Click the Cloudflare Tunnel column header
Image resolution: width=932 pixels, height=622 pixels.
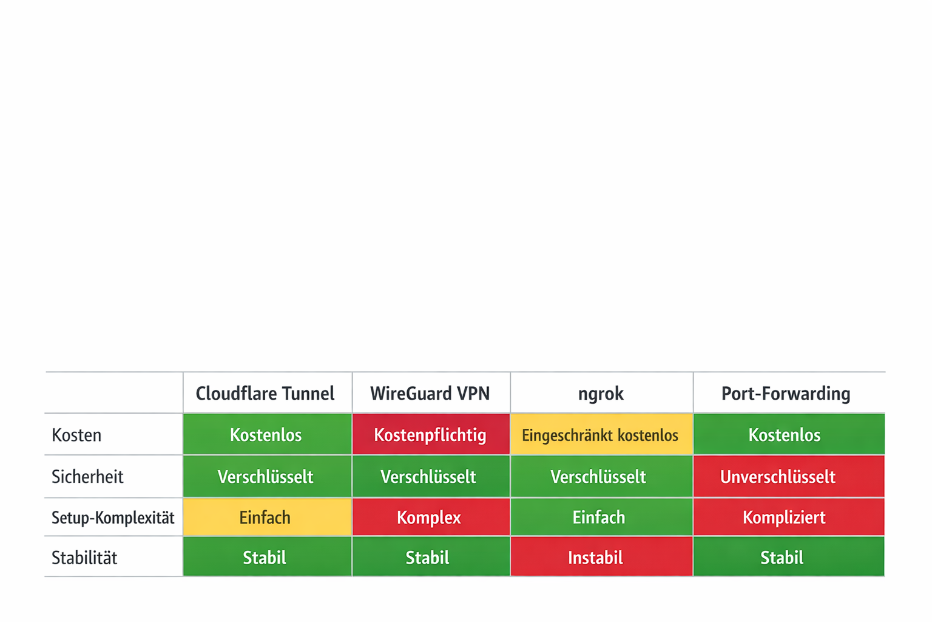[265, 394]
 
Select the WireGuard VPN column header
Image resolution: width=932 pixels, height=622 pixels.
[430, 394]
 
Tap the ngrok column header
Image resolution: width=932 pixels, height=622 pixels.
[601, 394]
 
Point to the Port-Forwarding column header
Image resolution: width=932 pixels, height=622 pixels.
[786, 394]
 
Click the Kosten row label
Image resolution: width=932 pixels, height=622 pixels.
[77, 435]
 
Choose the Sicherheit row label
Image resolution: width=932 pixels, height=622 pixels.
[87, 477]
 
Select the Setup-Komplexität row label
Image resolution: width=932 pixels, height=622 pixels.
[113, 518]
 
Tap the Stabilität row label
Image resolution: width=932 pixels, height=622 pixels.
[84, 558]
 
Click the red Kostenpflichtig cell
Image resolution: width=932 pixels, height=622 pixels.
[430, 435]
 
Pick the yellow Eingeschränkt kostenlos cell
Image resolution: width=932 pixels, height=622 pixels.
[601, 435]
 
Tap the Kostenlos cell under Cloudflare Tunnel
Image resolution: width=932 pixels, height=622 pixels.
[266, 435]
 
